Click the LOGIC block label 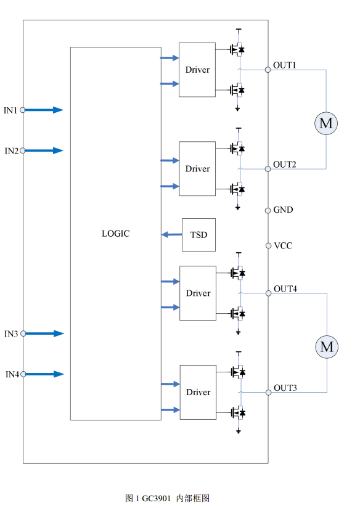point(116,234)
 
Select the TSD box point(198,235)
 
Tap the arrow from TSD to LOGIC point(172,234)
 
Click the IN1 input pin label point(10,110)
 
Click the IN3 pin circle point(23,334)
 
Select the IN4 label point(12,374)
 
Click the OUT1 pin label point(285,65)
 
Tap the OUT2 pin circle point(268,169)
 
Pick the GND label point(283,210)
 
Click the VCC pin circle point(268,245)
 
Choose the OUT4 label point(285,289)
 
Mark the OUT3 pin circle point(268,392)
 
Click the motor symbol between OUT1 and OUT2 point(326,123)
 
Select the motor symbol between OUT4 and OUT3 point(327,346)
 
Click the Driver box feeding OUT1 point(197,70)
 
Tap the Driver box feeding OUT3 point(198,392)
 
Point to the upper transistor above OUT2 point(237,149)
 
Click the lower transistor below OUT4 point(238,314)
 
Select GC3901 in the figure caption point(156,498)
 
